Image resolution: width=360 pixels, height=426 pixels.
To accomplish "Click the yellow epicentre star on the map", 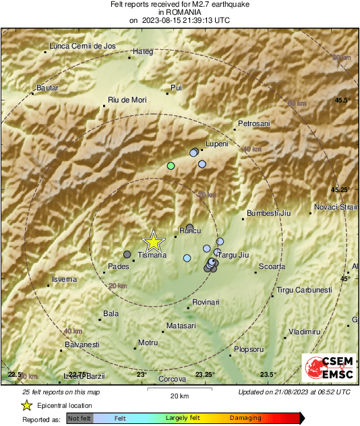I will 154,241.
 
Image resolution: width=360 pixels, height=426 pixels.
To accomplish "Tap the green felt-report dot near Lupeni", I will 171,165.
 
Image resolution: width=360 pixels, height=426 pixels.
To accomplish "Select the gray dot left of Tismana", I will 127,254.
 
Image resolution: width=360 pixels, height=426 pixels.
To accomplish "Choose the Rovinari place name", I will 206,302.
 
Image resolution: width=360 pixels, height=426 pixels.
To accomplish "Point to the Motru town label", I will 148,342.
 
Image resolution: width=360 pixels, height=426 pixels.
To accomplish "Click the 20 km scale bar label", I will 179,395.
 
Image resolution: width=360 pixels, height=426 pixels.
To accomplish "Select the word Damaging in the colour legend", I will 245,419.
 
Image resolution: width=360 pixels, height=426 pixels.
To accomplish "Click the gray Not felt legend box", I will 80,419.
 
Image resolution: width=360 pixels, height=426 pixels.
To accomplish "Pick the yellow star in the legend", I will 27,405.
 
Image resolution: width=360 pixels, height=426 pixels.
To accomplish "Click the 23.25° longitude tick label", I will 205,375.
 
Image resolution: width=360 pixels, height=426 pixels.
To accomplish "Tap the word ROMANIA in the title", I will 179,12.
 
